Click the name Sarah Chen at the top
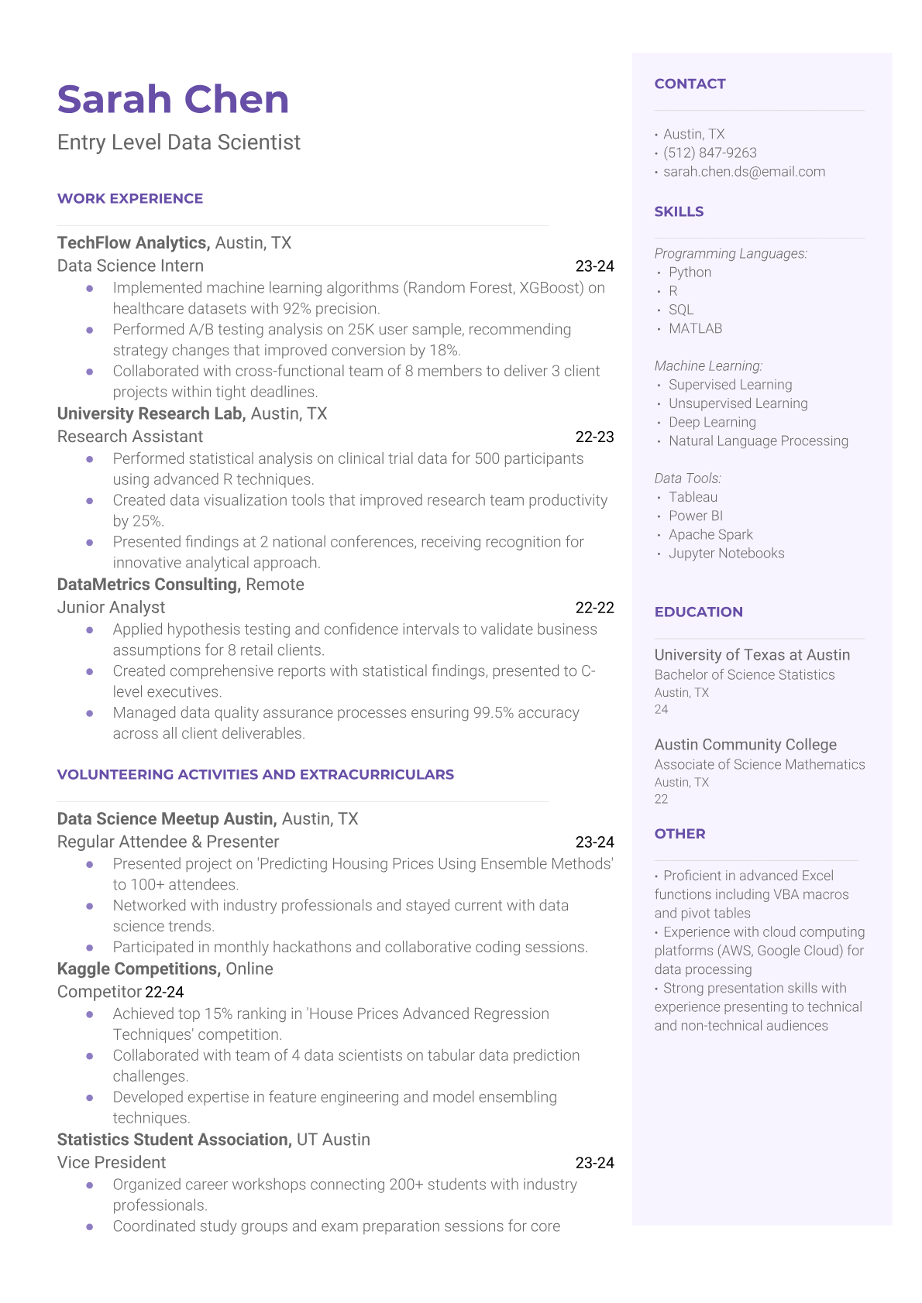[x=173, y=100]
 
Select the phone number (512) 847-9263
[x=710, y=153]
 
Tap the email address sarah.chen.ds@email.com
[x=744, y=172]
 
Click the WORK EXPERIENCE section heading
[x=130, y=199]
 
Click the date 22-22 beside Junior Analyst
[x=594, y=608]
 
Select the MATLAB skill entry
[x=695, y=329]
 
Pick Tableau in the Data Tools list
[x=693, y=497]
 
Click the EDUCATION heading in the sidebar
[x=698, y=612]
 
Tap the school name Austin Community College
[x=745, y=745]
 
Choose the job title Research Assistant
[x=130, y=437]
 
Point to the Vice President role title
[x=112, y=1163]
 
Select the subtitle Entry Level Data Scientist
[x=179, y=142]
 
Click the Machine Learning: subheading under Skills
[x=708, y=366]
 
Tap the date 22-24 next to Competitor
[x=164, y=993]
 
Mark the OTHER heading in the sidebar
[x=679, y=835]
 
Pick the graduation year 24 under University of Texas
[x=661, y=710]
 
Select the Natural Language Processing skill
[x=758, y=441]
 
